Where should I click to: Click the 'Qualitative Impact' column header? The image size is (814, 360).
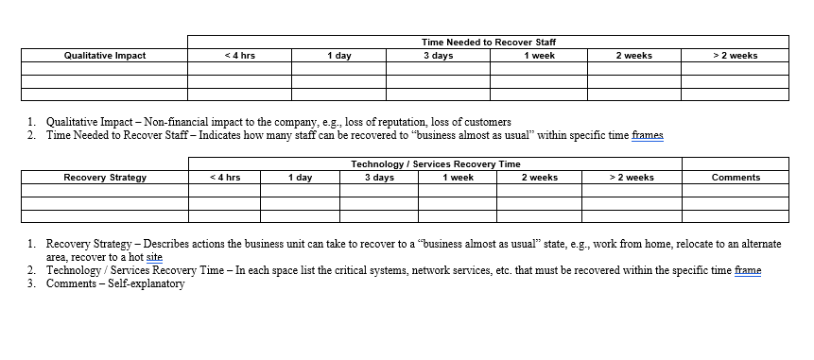coord(104,56)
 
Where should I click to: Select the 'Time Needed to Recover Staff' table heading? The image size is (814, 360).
coord(488,43)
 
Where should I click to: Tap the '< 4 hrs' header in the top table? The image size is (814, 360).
coord(239,56)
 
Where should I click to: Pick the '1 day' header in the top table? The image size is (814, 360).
coord(338,56)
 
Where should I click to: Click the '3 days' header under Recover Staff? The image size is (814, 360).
coord(437,56)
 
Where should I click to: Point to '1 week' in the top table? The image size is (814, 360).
coord(538,56)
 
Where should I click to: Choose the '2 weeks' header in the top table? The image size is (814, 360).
coord(633,56)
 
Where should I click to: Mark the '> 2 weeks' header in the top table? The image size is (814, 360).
coord(735,56)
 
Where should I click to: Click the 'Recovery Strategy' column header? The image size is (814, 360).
coord(104,178)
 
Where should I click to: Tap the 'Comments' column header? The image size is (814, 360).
coord(736,178)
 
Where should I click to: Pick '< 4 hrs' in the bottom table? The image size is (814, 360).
coord(224,178)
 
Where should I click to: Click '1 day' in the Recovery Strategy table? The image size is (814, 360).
coord(300,178)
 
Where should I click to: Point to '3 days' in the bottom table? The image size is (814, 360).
coord(379,178)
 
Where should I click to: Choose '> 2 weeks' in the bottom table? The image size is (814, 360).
coord(632,178)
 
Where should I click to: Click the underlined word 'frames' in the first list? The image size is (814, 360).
coord(648,135)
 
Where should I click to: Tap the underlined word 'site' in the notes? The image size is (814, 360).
coord(154,256)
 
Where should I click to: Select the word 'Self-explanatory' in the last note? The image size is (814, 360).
coord(150,284)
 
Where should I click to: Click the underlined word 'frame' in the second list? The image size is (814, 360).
coord(747,271)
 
